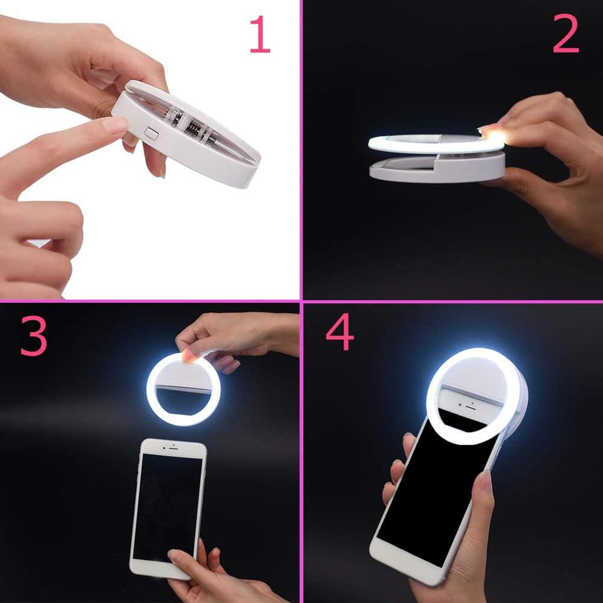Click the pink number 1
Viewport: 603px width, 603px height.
(x=260, y=34)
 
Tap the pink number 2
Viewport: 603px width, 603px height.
(x=565, y=34)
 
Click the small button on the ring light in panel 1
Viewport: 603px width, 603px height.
(x=152, y=133)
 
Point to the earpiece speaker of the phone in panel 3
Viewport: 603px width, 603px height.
(x=173, y=449)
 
